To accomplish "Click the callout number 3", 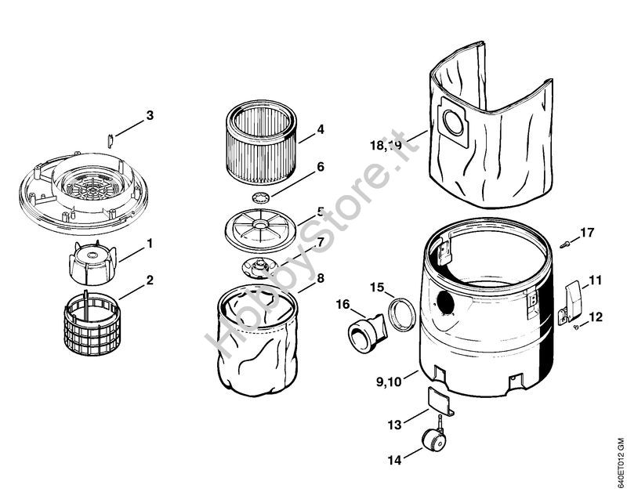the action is (x=150, y=115).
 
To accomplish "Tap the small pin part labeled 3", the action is (x=111, y=141).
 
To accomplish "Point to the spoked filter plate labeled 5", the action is (x=261, y=230).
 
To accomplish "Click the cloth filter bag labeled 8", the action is (x=258, y=342).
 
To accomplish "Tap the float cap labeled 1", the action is (x=92, y=263).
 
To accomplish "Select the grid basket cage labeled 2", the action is (x=92, y=323).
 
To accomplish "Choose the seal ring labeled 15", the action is (x=402, y=314).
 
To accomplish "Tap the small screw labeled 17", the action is (x=565, y=244).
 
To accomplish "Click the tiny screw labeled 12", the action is (x=575, y=327).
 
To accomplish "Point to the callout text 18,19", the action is (x=386, y=145).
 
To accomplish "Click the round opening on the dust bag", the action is (x=453, y=122).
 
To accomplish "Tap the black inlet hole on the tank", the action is (x=446, y=303).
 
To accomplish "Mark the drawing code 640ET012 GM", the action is (x=620, y=461).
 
